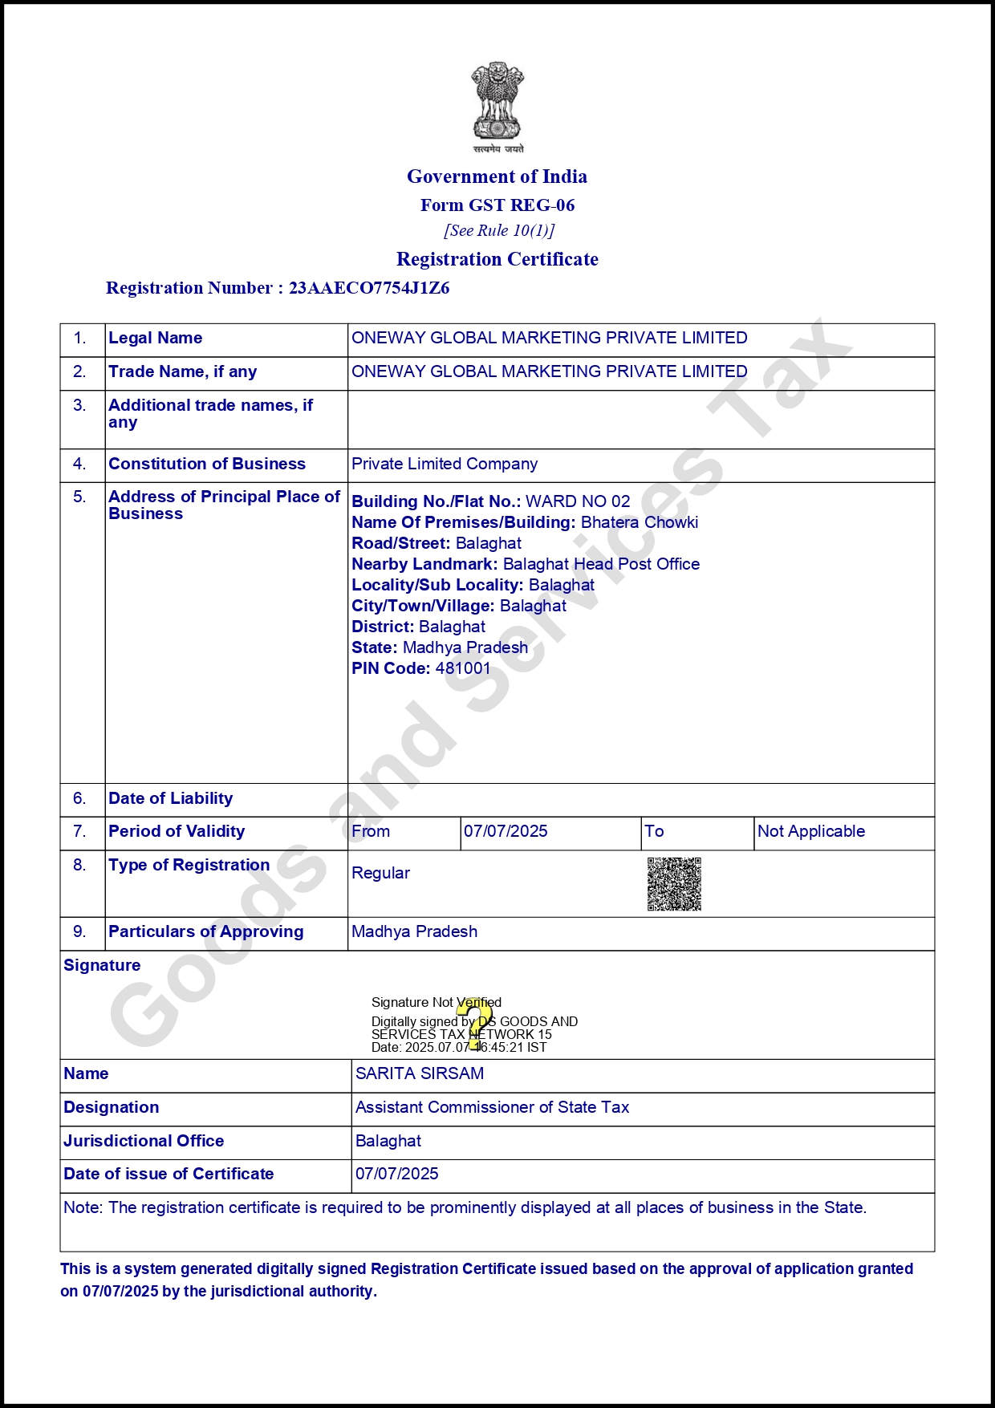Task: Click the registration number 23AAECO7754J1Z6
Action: click(369, 288)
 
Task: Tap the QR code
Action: click(674, 884)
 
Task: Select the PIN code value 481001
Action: click(463, 668)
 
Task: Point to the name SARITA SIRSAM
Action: click(420, 1073)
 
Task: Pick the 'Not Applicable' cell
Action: click(811, 831)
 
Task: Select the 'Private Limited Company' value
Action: click(445, 464)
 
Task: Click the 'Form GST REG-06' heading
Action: click(497, 205)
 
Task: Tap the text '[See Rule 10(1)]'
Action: click(499, 231)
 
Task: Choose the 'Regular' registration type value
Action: click(380, 873)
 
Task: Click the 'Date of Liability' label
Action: click(171, 798)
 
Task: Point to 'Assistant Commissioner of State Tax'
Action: click(492, 1107)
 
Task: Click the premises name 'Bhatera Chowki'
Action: click(640, 522)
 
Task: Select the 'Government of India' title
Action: click(497, 177)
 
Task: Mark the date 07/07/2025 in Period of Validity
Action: click(506, 831)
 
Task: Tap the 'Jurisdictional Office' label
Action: click(144, 1141)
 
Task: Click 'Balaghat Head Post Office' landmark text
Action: click(601, 564)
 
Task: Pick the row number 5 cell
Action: click(79, 497)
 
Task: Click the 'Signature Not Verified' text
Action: click(436, 1002)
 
